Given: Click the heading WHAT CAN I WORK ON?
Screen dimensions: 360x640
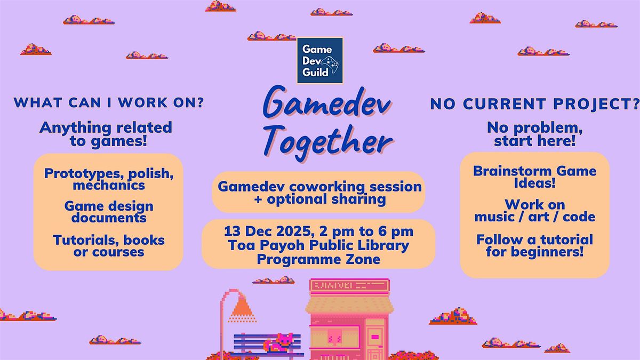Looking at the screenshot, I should (x=108, y=102).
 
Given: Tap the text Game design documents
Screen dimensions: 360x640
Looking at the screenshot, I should (x=109, y=212).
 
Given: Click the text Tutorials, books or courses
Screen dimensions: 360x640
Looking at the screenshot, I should (x=109, y=246).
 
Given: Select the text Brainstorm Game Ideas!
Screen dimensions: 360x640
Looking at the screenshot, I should (x=534, y=177).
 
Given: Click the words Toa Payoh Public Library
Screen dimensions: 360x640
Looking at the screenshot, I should (x=318, y=245).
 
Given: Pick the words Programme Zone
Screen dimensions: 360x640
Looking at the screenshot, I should (x=318, y=259).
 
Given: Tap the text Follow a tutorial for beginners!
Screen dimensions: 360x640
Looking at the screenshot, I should (x=534, y=245).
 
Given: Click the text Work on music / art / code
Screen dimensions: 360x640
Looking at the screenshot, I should (x=534, y=211).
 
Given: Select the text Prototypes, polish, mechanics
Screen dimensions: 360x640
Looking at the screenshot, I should (x=109, y=179).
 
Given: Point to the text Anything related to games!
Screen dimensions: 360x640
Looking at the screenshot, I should (x=106, y=134).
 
